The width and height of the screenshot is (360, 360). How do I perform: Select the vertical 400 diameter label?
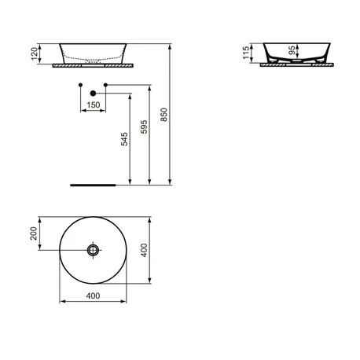(x=145, y=249)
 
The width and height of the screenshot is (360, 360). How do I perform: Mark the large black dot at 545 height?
(x=94, y=94)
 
